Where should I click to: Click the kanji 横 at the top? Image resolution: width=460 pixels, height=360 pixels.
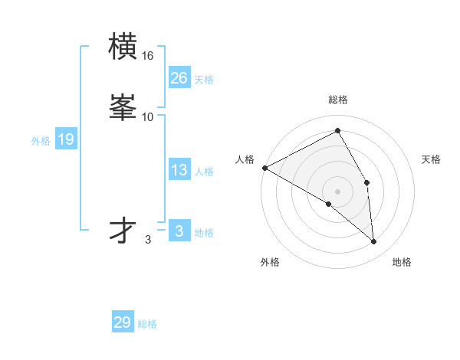[123, 48]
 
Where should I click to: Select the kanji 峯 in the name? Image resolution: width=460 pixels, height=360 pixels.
[123, 108]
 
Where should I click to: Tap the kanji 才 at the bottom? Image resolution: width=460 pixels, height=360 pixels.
[123, 231]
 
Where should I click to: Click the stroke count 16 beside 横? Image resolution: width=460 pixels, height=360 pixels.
[148, 56]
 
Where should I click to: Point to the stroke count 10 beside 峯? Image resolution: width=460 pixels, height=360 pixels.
[148, 116]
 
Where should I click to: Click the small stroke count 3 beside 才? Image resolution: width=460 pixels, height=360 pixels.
[148, 240]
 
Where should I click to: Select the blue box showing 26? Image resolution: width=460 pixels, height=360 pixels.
[179, 78]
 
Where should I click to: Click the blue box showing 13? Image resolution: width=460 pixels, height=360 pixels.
[179, 171]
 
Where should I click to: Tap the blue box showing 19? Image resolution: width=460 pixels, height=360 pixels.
[65, 139]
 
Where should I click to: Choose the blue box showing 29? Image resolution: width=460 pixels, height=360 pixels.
[123, 322]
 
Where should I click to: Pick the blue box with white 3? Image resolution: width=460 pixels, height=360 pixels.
[179, 231]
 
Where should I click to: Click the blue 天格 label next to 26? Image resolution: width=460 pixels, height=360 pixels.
[204, 80]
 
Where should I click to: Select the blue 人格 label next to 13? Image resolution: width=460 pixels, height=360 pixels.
[204, 172]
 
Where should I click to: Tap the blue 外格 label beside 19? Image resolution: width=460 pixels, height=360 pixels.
[41, 141]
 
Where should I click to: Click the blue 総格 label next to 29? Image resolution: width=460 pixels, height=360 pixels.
[147, 324]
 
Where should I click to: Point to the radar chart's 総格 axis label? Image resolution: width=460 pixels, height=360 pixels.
[338, 100]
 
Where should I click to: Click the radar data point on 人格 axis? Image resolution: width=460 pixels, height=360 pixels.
[264, 168]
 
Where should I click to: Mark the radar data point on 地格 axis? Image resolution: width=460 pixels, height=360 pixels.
[374, 242]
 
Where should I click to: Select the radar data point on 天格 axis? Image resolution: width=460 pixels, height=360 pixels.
[367, 182]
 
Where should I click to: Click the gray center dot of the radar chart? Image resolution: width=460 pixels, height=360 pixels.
[338, 191]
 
